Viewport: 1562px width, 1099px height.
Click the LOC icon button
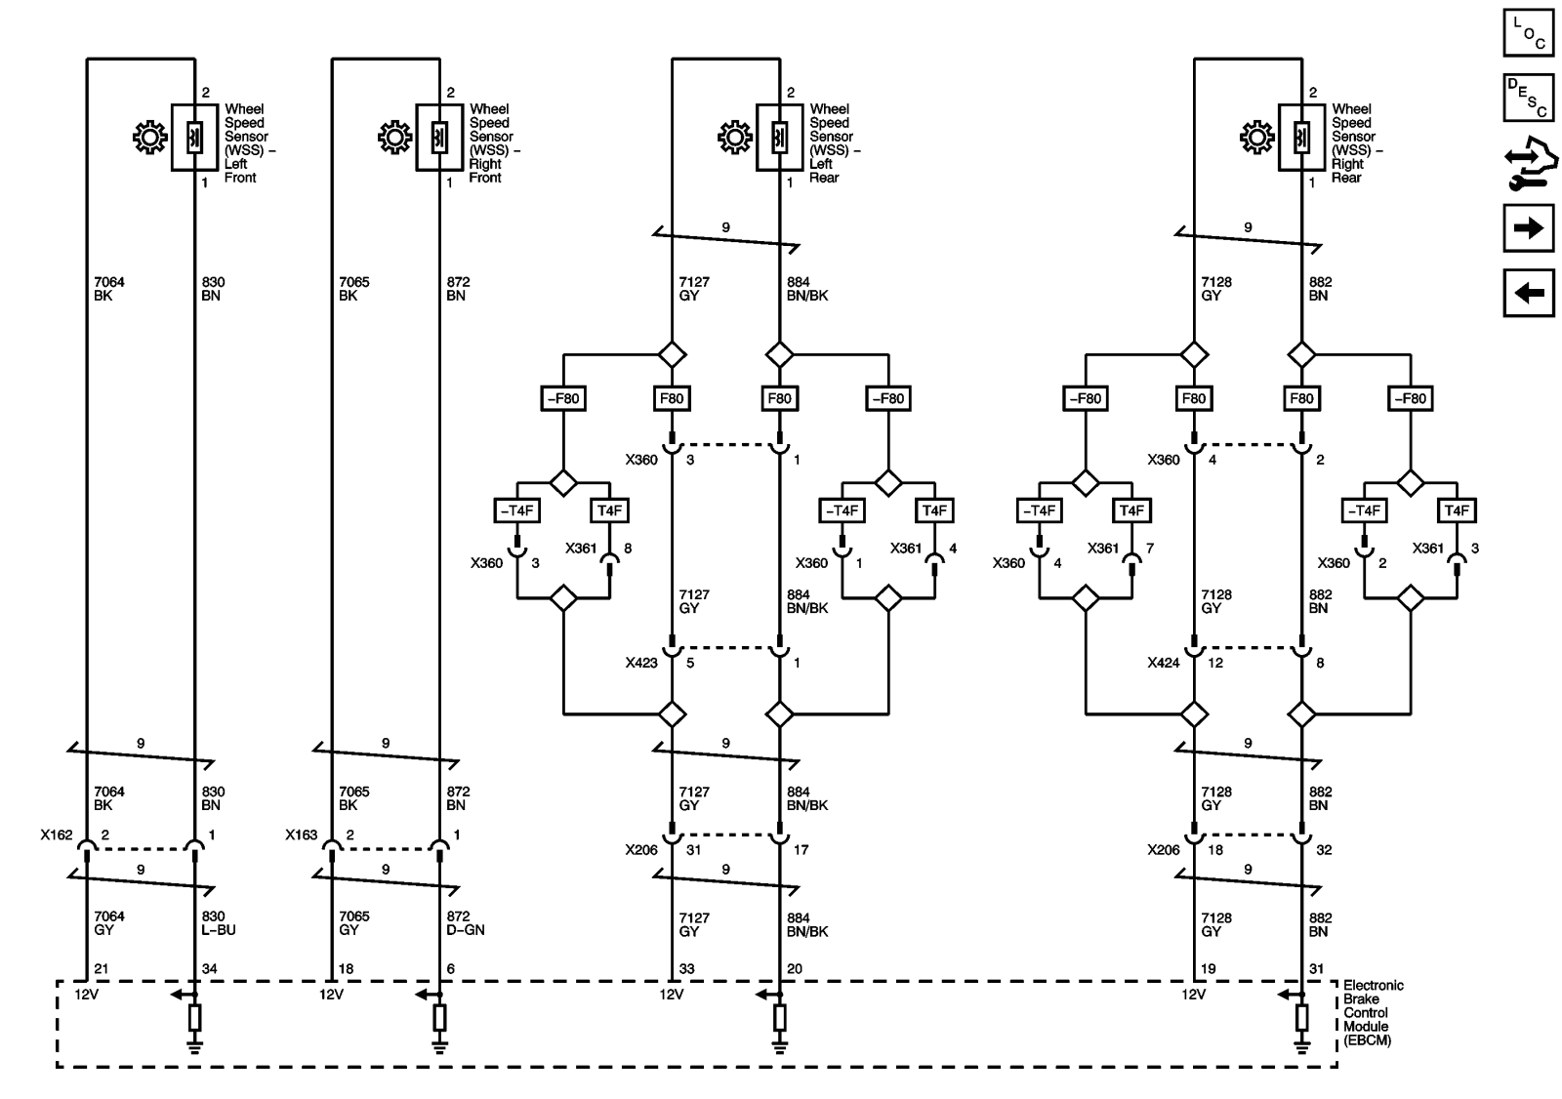pos(1528,32)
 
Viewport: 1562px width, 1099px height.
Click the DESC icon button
pos(1528,98)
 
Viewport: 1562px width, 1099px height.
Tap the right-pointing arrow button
pos(1528,228)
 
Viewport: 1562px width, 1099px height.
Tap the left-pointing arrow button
pos(1528,293)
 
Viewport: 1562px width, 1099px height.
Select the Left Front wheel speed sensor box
pos(194,138)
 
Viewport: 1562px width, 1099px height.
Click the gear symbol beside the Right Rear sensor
pos(1256,138)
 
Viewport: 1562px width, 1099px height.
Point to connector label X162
pos(56,835)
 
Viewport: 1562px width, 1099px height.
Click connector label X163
pos(301,835)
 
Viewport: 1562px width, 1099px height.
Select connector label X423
pos(641,663)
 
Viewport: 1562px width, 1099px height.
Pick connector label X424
pos(1164,663)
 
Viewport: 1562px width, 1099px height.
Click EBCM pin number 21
pos(100,969)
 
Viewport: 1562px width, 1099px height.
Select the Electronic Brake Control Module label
pos(1373,1013)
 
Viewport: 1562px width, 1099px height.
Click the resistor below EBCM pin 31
pos(1301,1018)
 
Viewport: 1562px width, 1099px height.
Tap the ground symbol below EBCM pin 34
pos(194,1047)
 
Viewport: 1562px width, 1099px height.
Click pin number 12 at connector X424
pos(1214,663)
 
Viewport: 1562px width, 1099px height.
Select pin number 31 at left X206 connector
pos(693,850)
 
